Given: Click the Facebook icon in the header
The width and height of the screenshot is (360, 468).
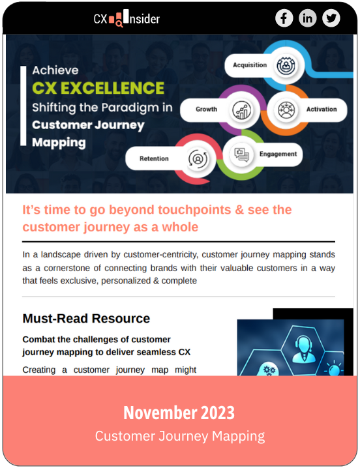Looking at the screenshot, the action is tap(284, 18).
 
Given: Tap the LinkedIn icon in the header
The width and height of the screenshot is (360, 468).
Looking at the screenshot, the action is tap(307, 18).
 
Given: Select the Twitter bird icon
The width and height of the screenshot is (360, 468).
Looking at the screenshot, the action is tap(331, 18).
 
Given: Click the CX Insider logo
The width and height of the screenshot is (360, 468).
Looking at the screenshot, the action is tap(127, 18).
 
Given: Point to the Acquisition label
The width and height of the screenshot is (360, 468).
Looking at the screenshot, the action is tap(250, 65).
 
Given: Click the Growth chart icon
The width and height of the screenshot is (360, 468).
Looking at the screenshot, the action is tap(242, 110).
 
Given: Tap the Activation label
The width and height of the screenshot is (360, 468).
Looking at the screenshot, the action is tap(322, 110).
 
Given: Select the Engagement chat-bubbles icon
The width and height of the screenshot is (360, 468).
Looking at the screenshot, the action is tap(241, 155).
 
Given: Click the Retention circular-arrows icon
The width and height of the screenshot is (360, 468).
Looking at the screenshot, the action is tap(198, 159).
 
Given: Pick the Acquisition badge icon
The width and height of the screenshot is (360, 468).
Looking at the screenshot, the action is tap(286, 65).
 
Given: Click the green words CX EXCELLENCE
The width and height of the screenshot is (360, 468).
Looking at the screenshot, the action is tap(98, 88).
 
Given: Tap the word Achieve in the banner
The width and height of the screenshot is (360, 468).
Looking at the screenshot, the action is tap(55, 70).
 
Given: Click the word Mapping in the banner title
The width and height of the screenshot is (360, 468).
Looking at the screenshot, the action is tap(59, 143).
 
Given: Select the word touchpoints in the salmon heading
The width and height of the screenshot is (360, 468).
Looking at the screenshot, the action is tap(194, 210).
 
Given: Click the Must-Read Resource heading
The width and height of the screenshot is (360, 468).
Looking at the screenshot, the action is tap(86, 319).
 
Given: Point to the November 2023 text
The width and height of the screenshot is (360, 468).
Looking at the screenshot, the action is tap(179, 413).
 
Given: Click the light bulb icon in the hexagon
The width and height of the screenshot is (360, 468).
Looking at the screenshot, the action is tap(334, 369).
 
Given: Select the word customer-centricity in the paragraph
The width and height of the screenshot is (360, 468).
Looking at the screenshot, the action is tap(160, 255).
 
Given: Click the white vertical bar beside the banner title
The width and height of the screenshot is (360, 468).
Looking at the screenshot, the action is tap(23, 106).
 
